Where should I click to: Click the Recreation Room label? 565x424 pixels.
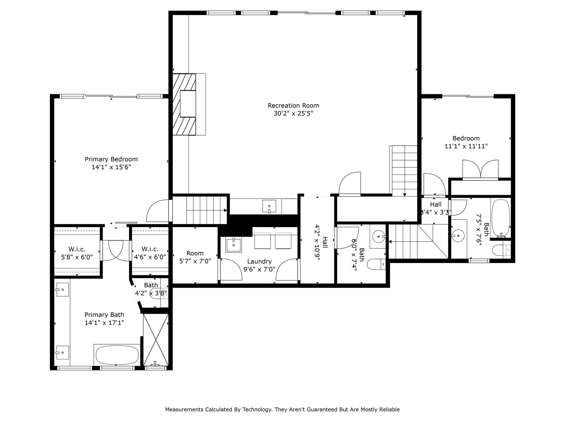point(293,105)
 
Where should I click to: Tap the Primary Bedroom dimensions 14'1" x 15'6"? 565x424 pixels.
point(111,167)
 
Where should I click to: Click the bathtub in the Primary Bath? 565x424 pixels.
point(117,355)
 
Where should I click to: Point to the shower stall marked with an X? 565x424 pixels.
point(156,340)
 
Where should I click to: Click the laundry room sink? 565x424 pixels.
point(234,245)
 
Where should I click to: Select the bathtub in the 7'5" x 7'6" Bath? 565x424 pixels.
point(501,218)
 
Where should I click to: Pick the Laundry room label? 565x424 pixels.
point(259,261)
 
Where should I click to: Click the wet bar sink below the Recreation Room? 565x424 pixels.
point(269,206)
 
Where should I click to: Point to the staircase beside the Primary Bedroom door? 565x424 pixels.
point(199,210)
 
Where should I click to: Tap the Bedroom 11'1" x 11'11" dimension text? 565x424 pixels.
point(466,146)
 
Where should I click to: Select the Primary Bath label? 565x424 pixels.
point(104,315)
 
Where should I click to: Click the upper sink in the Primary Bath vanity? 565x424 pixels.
point(62,290)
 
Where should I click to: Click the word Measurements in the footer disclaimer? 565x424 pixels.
point(184,409)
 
